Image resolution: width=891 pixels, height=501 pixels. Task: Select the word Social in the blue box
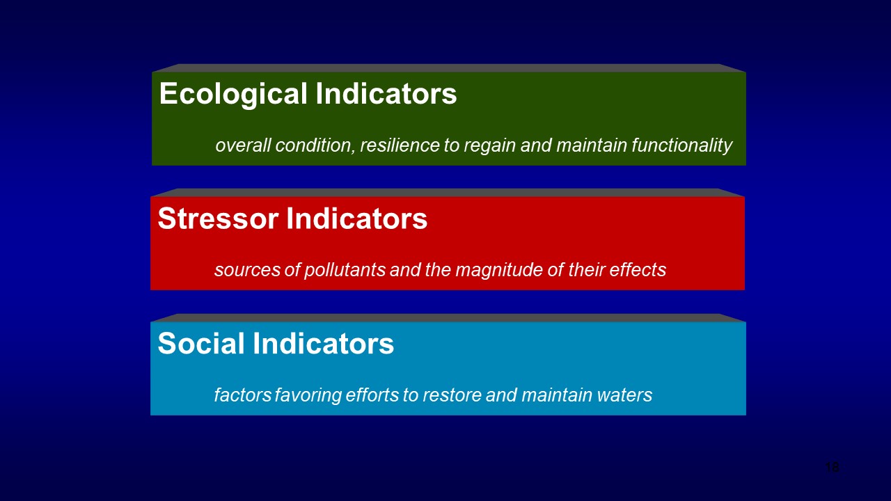[201, 344]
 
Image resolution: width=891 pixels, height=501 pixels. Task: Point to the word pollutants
[345, 270]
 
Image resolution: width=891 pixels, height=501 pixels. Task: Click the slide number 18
[832, 468]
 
